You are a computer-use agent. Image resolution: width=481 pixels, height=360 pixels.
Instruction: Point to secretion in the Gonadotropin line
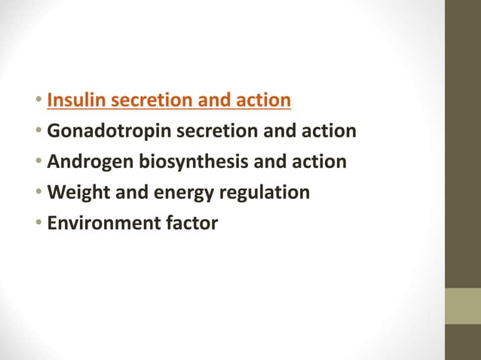(x=207, y=131)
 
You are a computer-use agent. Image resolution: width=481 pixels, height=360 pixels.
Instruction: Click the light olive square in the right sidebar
(x=462, y=306)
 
